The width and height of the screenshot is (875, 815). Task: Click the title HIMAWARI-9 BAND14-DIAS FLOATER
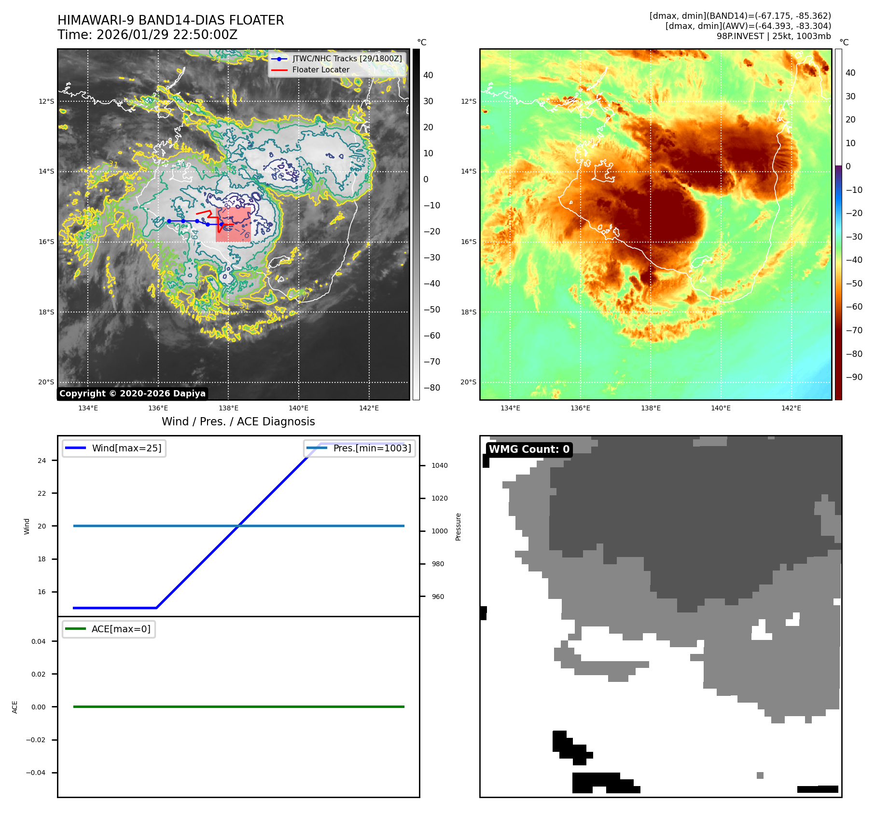click(170, 20)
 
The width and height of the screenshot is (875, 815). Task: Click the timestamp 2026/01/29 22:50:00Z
click(167, 35)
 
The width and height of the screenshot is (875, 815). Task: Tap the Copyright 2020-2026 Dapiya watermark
click(132, 394)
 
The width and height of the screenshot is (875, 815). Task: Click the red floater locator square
click(233, 224)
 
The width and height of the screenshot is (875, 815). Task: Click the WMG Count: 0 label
click(529, 449)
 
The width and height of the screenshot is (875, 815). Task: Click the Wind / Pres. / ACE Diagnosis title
click(238, 421)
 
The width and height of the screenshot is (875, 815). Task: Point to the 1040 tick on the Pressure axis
click(439, 465)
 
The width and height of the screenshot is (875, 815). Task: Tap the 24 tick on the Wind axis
click(42, 461)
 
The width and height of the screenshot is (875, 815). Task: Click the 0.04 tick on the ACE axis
click(39, 641)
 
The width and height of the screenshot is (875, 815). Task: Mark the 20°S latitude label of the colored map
click(468, 382)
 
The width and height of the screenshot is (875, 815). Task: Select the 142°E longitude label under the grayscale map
click(369, 408)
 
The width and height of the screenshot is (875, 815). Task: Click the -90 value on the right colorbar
click(854, 377)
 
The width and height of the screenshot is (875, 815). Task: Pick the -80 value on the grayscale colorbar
click(431, 388)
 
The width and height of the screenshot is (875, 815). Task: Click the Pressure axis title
click(458, 527)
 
